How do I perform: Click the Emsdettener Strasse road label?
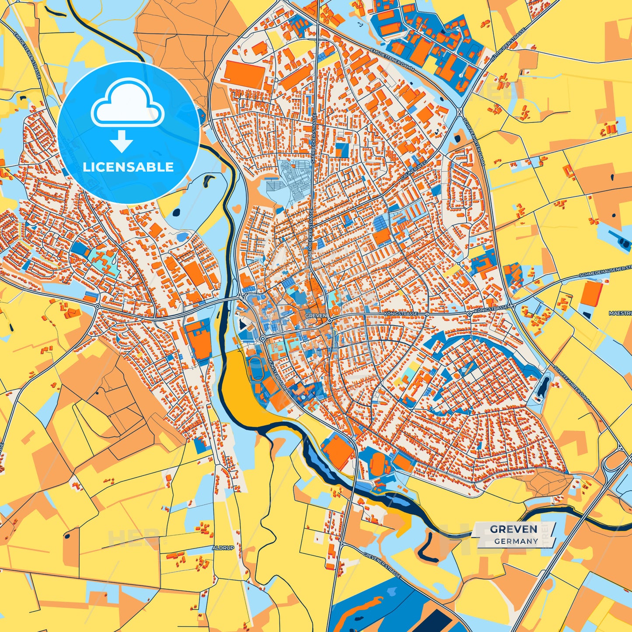point(27,55)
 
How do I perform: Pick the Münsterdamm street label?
point(276,374)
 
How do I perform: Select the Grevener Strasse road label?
point(381,565)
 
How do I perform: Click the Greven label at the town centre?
point(316,315)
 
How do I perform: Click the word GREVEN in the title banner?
point(513,529)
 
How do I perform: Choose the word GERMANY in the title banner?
point(516,541)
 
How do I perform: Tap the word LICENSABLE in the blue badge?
point(129,167)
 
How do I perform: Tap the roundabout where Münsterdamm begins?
point(262,339)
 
